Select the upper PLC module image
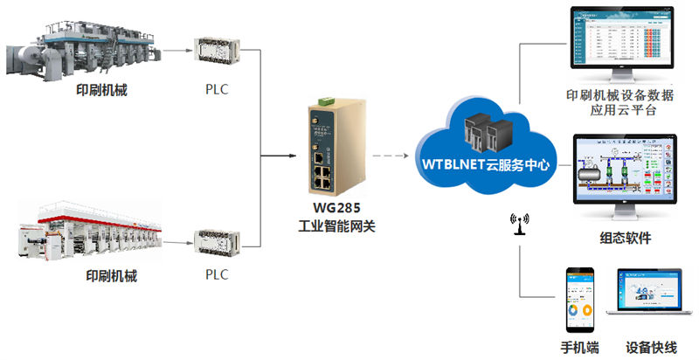[216, 52]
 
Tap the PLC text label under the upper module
[216, 89]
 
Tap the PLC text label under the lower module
[216, 275]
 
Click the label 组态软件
[625, 239]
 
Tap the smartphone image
[578, 297]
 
